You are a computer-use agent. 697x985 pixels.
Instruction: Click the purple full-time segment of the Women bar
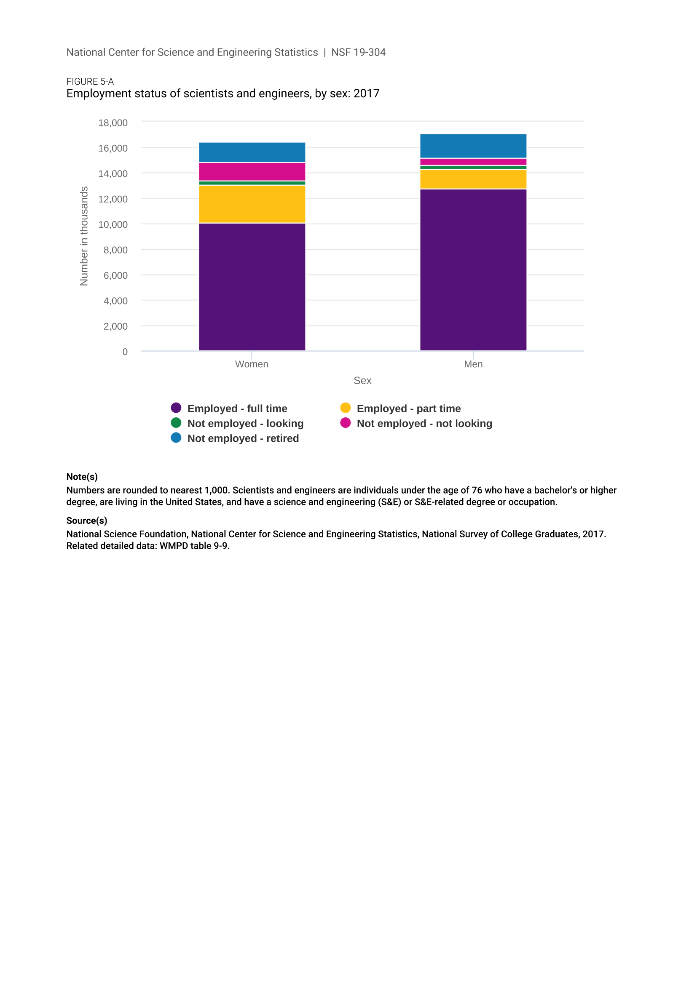(252, 287)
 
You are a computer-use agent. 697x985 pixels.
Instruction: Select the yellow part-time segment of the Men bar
(473, 179)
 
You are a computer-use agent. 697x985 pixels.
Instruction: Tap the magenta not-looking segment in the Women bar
(252, 171)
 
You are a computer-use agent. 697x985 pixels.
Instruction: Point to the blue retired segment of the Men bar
(473, 146)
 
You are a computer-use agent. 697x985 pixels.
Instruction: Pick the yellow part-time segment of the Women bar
(252, 204)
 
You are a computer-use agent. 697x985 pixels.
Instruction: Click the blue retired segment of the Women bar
(252, 152)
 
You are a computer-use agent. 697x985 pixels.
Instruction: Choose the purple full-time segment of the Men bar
(473, 270)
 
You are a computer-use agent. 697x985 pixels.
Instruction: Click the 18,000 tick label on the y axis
(113, 123)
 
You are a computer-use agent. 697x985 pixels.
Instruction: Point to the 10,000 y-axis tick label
(113, 225)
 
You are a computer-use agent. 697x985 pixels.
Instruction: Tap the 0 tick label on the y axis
(125, 352)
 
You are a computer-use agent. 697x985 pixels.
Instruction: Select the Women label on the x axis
(252, 364)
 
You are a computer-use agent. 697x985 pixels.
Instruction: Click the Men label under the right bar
(473, 364)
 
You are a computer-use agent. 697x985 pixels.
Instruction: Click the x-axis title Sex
(362, 381)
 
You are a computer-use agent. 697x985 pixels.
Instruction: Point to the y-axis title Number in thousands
(84, 236)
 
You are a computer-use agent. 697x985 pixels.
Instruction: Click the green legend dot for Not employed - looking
(176, 423)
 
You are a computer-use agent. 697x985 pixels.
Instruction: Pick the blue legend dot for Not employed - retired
(176, 438)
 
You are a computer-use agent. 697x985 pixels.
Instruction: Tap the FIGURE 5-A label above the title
(90, 82)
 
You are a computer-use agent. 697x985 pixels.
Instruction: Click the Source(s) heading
(87, 521)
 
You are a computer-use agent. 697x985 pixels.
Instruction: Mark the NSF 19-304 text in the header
(358, 52)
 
